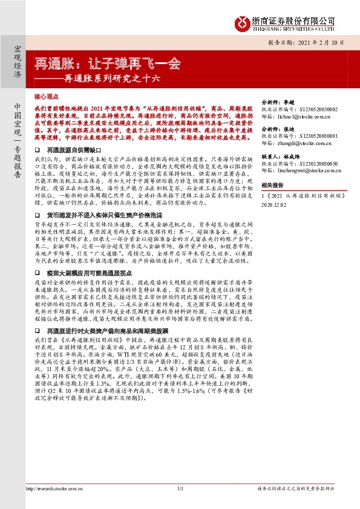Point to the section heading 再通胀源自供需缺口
click(70, 149)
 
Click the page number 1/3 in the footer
click(180, 488)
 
